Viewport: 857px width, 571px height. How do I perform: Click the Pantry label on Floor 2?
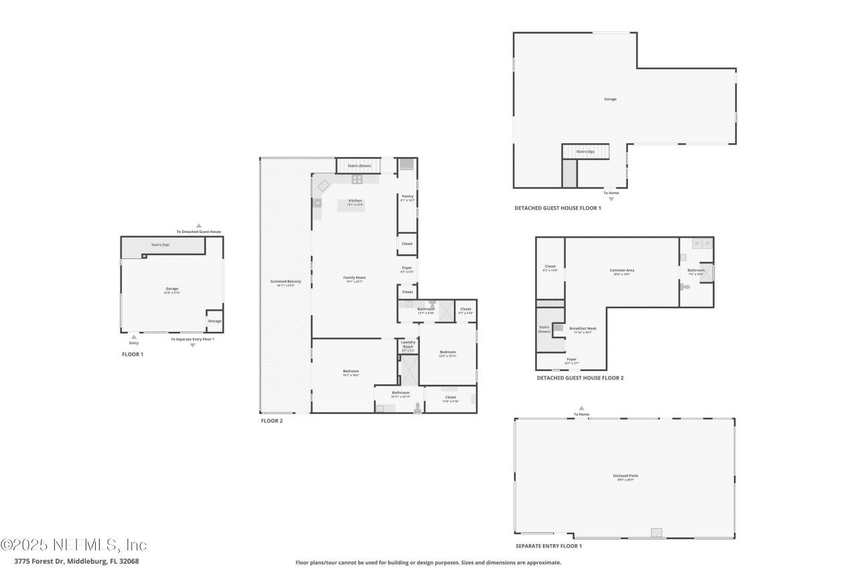(x=407, y=196)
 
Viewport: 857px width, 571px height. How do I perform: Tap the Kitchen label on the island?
(x=355, y=201)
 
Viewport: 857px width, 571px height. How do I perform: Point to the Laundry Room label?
(x=408, y=344)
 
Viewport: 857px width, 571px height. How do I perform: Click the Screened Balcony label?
(x=285, y=281)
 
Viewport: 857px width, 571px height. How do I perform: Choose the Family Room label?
(x=354, y=277)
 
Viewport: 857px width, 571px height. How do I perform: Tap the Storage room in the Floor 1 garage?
(x=214, y=321)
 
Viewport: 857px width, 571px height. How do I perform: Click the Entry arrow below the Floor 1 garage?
(x=134, y=337)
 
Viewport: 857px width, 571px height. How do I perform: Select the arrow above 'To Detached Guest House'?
(x=198, y=226)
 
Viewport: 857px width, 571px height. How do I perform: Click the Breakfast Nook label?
(x=582, y=328)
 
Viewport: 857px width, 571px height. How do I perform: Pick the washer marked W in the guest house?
(x=696, y=244)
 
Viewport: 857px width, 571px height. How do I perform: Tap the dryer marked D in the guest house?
(x=707, y=244)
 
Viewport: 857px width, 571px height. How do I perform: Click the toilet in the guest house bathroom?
(x=686, y=287)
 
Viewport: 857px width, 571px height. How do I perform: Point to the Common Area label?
(x=621, y=270)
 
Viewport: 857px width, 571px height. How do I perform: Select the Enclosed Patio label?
(x=625, y=476)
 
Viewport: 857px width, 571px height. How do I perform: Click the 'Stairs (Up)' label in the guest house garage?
(x=585, y=152)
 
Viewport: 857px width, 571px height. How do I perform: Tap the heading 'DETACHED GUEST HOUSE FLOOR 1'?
(x=557, y=208)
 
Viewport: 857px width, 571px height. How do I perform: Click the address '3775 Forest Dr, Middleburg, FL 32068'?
(x=76, y=562)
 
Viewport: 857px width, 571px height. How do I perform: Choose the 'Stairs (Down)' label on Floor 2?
(x=359, y=165)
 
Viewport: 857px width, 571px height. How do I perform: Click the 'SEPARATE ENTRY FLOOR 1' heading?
(x=548, y=546)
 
